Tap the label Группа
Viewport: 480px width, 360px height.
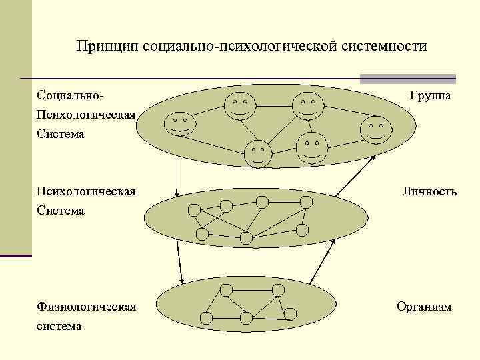click(x=430, y=96)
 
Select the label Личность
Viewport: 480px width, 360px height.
click(x=429, y=192)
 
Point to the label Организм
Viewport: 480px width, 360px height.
click(x=424, y=307)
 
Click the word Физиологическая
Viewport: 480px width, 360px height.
click(x=87, y=307)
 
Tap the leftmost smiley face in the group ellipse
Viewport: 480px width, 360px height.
click(x=179, y=125)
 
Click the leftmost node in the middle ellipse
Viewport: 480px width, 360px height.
click(x=194, y=210)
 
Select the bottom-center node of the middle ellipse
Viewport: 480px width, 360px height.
click(x=246, y=237)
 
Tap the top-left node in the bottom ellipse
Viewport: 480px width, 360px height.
click(x=226, y=290)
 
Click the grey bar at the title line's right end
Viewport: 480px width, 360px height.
click(x=408, y=79)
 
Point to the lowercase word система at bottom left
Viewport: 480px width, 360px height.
click(x=59, y=325)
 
